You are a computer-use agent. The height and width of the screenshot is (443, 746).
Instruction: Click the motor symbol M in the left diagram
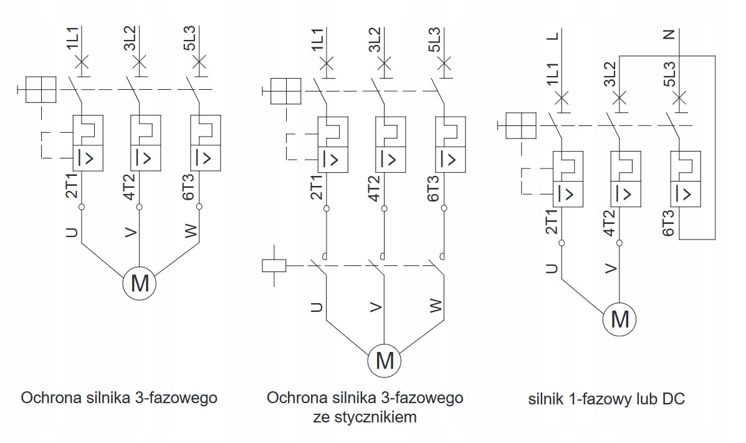(140, 283)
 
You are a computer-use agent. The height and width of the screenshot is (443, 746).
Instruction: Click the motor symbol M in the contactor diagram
(385, 361)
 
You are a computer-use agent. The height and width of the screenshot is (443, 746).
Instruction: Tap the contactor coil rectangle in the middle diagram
(274, 266)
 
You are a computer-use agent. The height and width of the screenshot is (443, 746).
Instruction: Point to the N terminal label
(670, 34)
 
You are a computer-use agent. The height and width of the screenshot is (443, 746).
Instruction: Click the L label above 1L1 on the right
(553, 36)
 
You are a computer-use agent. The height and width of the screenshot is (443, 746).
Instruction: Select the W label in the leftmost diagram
(191, 231)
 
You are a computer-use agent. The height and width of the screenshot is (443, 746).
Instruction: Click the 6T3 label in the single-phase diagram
(669, 223)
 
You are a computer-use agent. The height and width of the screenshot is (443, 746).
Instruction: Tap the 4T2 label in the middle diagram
(375, 188)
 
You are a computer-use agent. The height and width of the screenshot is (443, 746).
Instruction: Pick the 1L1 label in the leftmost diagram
(74, 37)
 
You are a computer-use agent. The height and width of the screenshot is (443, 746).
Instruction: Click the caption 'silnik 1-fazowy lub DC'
(606, 399)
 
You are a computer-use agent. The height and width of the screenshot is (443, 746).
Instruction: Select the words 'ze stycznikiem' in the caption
(365, 417)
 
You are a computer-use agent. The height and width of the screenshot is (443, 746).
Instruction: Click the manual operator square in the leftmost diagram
(41, 90)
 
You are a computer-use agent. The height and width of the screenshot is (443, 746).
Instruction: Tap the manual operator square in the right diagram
(520, 126)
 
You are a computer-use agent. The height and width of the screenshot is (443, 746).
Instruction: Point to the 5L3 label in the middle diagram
(434, 39)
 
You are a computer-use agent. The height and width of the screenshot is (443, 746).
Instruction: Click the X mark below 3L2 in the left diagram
(139, 62)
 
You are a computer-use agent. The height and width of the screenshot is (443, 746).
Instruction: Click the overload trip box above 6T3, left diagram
(206, 143)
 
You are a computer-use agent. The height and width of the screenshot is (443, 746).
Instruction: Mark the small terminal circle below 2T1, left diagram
(82, 207)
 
